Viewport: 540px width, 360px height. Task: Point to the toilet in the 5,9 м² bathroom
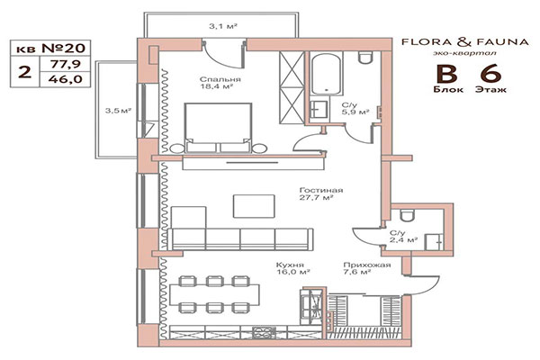point(364,59)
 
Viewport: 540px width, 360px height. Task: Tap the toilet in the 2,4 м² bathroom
point(407,212)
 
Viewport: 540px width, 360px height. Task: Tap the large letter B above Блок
point(445,75)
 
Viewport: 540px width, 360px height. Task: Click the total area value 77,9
point(62,65)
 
